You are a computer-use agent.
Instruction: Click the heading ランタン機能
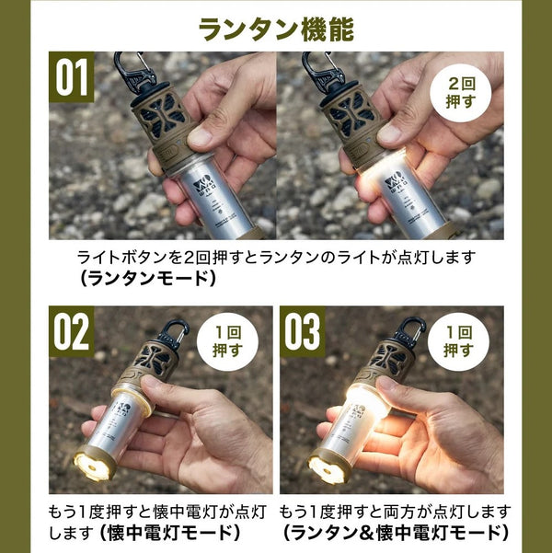[276, 29]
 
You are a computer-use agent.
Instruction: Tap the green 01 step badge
[72, 77]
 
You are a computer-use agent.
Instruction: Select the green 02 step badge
[72, 331]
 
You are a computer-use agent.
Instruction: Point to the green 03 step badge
[303, 331]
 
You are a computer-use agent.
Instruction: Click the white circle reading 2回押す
[461, 92]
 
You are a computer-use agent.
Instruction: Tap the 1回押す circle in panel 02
[227, 341]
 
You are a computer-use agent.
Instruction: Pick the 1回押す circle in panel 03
[458, 341]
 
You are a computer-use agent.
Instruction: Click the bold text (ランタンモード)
[147, 279]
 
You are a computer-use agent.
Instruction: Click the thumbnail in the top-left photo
[200, 135]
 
